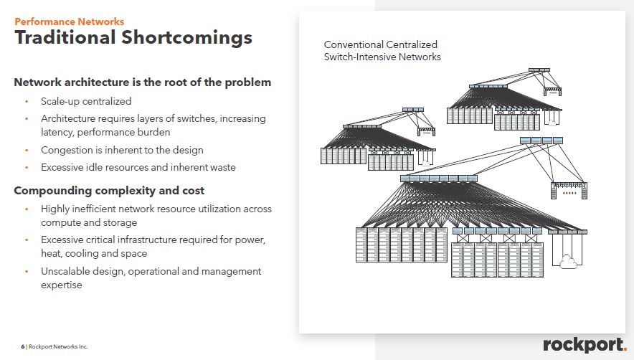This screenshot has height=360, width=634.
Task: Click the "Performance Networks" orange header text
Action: pyautogui.click(x=70, y=22)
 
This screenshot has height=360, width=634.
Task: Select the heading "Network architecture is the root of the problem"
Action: pyautogui.click(x=143, y=82)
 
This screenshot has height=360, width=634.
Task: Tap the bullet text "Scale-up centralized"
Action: pyautogui.click(x=86, y=101)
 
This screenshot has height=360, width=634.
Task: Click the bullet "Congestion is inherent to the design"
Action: pyautogui.click(x=122, y=150)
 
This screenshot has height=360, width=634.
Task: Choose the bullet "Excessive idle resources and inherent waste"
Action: pyautogui.click(x=138, y=167)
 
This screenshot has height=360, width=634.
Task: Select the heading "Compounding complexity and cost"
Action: pyautogui.click(x=109, y=191)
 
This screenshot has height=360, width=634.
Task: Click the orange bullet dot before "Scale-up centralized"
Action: pyautogui.click(x=27, y=101)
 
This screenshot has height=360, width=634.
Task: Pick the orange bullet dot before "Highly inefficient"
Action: pyautogui.click(x=27, y=209)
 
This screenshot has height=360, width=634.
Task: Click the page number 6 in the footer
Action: pyautogui.click(x=22, y=347)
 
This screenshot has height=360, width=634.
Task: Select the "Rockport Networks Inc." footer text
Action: pyautogui.click(x=58, y=347)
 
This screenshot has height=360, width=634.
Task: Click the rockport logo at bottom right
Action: pyautogui.click(x=585, y=345)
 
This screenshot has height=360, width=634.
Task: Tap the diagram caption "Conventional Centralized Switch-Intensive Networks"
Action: pyautogui.click(x=382, y=51)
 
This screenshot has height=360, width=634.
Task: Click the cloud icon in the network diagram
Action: pyautogui.click(x=568, y=262)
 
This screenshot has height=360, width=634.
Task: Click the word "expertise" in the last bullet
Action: pyautogui.click(x=62, y=285)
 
